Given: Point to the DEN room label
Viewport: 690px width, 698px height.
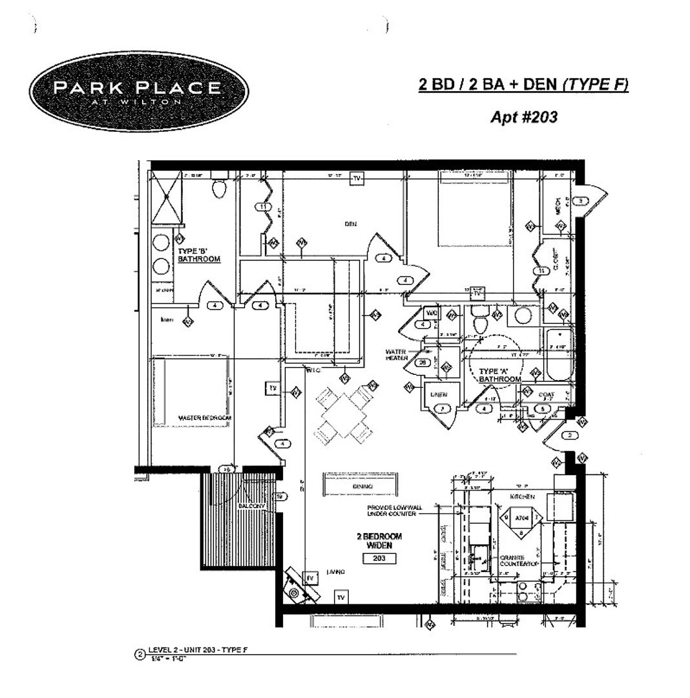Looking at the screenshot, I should click(350, 224).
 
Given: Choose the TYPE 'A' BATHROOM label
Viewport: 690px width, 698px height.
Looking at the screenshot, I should click(499, 375).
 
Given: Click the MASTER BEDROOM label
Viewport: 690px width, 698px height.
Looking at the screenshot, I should click(205, 419).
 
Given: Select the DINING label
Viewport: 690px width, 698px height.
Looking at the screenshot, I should click(360, 486).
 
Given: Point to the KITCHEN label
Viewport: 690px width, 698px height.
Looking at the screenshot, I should click(523, 497).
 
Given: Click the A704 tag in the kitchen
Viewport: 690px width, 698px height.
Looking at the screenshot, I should click(521, 518).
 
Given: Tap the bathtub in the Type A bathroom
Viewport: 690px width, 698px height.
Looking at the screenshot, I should click(558, 356).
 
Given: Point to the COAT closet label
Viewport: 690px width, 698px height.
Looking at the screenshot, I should click(543, 394).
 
